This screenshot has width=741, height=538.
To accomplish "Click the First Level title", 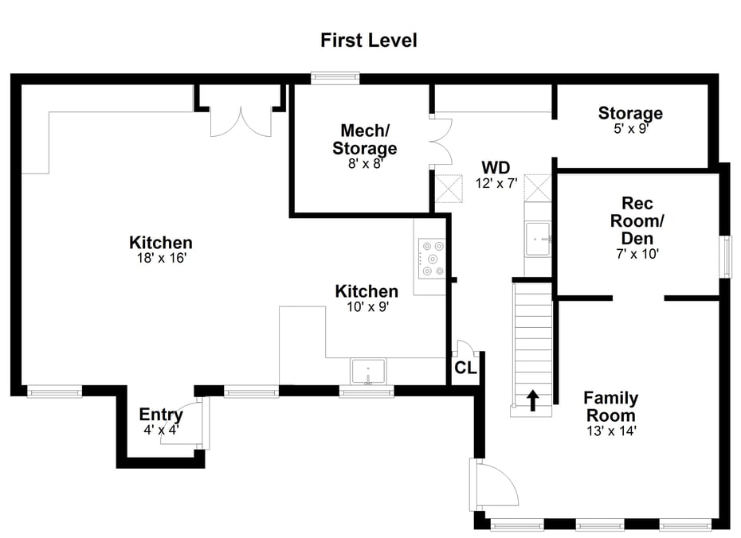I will click(368, 40).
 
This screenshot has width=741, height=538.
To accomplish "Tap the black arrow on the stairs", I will click(532, 400).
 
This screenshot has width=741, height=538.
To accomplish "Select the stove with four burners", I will click(431, 259).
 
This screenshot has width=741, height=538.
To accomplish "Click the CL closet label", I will click(465, 368).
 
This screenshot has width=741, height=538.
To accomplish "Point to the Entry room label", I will click(160, 415).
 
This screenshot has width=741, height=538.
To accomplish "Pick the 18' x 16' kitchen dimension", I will click(160, 259).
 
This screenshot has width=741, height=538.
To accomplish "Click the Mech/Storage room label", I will click(364, 139).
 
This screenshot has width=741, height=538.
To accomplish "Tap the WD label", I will click(495, 168).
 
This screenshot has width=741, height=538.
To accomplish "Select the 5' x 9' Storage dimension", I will click(630, 128).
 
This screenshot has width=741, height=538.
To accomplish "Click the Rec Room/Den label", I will click(637, 221).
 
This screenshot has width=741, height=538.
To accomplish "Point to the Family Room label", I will click(610, 406).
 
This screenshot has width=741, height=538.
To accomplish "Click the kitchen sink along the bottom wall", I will click(368, 371).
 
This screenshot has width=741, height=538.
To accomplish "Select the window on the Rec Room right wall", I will click(726, 257).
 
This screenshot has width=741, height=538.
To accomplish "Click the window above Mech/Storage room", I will click(335, 78).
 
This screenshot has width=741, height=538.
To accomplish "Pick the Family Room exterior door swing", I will click(494, 481).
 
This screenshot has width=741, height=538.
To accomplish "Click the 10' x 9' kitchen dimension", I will click(366, 306).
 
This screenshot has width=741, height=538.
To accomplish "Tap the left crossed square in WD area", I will click(448, 189).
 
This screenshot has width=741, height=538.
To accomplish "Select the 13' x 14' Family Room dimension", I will click(610, 431).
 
